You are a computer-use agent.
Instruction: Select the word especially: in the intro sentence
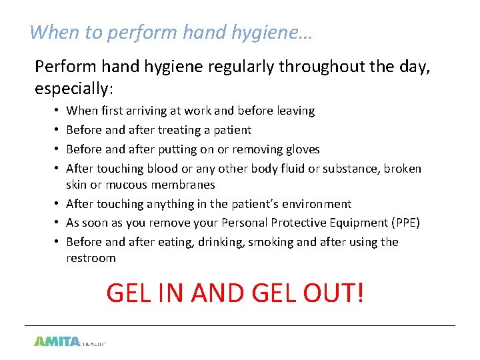74,88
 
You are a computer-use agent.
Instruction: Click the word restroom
91,258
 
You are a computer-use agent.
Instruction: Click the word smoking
271,242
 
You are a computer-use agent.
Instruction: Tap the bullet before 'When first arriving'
59,111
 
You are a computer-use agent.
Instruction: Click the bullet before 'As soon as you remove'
59,223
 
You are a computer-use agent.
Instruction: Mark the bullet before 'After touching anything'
59,204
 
